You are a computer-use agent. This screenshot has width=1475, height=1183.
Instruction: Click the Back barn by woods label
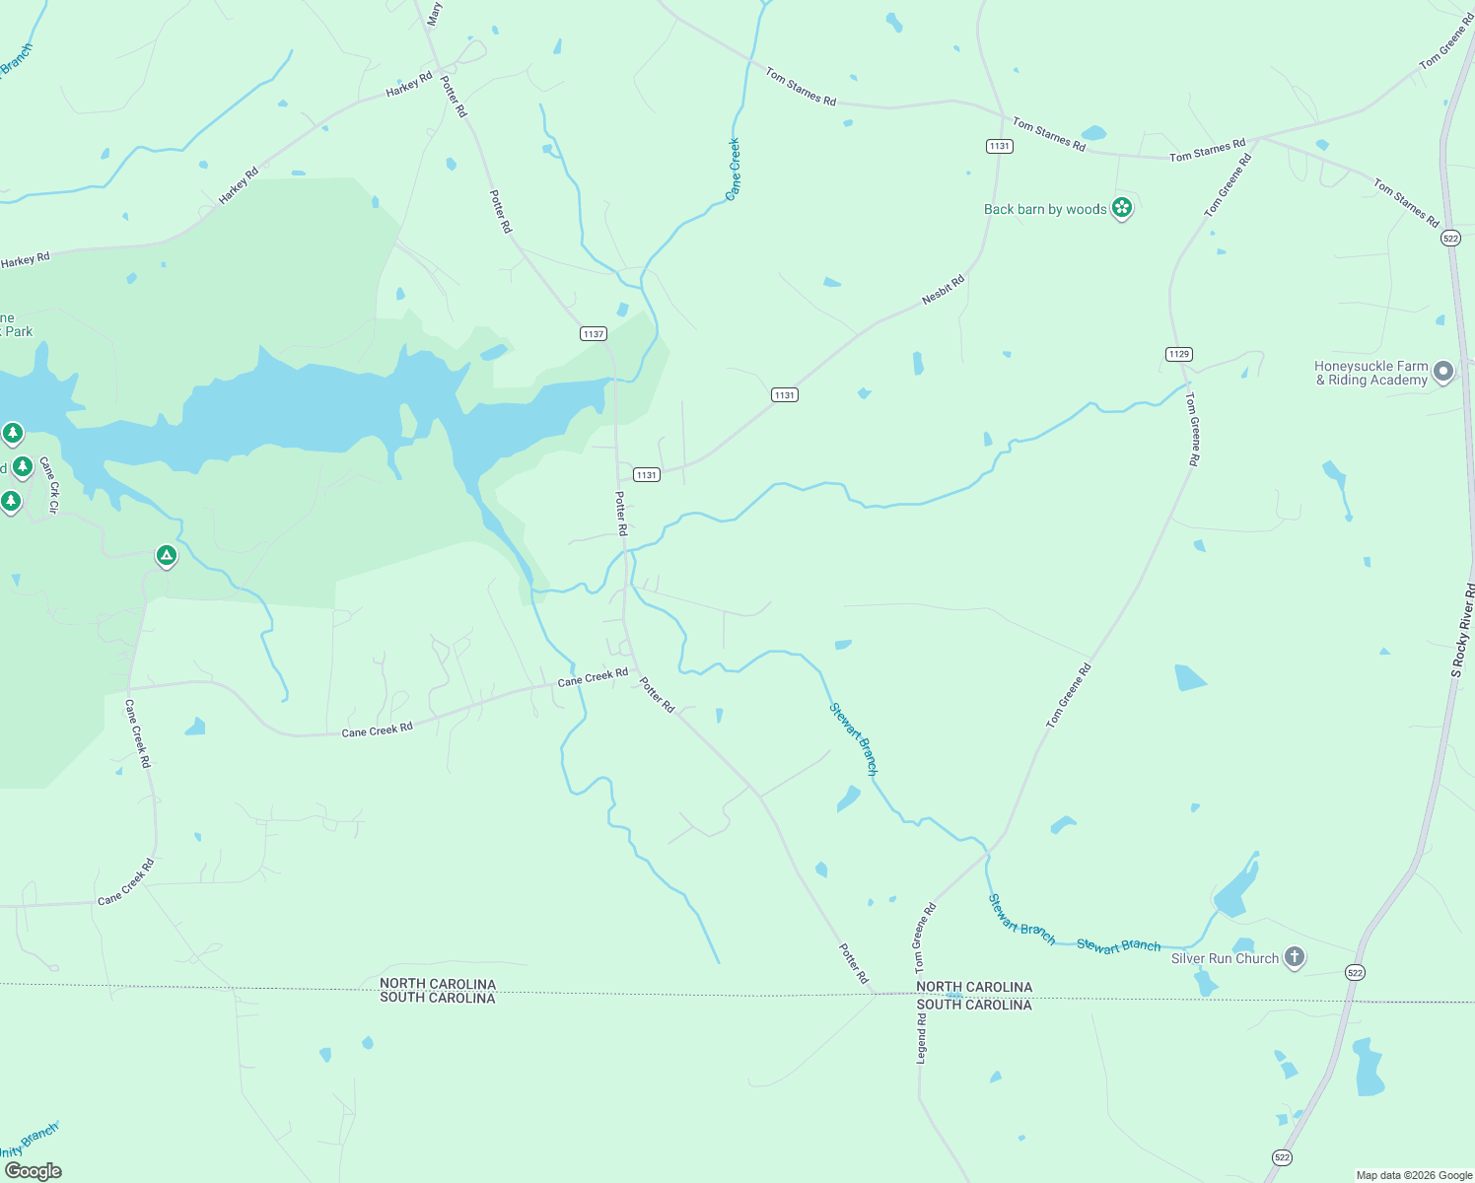pyautogui.click(x=1044, y=209)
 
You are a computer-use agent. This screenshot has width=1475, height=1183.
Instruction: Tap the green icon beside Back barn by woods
pyautogui.click(x=1121, y=208)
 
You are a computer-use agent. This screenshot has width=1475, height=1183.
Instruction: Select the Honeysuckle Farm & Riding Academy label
pyautogui.click(x=1370, y=373)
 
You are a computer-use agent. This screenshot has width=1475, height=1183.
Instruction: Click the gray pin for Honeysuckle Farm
pyautogui.click(x=1442, y=372)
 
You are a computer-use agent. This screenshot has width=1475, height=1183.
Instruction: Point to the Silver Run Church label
pyautogui.click(x=1224, y=958)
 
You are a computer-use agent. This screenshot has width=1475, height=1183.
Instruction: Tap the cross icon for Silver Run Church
pyautogui.click(x=1294, y=957)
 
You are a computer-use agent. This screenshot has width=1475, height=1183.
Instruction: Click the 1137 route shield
pyautogui.click(x=593, y=334)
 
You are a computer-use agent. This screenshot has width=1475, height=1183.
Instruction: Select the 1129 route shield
pyautogui.click(x=1178, y=354)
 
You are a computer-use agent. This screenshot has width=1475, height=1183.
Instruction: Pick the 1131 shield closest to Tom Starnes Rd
pyautogui.click(x=999, y=146)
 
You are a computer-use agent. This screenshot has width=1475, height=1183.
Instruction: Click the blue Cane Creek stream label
pyautogui.click(x=733, y=170)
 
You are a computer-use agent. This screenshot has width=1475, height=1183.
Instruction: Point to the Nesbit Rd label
pyautogui.click(x=943, y=290)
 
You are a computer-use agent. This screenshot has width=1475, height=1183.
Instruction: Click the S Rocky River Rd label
pyautogui.click(x=1462, y=630)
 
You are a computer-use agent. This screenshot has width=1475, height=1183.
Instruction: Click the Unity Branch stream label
pyautogui.click(x=28, y=1142)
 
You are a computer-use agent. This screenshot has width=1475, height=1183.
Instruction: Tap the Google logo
pyautogui.click(x=33, y=1170)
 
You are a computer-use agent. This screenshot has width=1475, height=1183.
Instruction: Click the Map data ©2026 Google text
pyautogui.click(x=1414, y=1175)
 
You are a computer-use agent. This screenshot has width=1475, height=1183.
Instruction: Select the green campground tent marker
pyautogui.click(x=167, y=557)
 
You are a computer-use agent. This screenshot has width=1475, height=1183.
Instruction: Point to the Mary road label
pyautogui.click(x=435, y=14)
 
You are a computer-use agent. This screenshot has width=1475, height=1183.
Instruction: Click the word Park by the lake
pyautogui.click(x=19, y=331)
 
